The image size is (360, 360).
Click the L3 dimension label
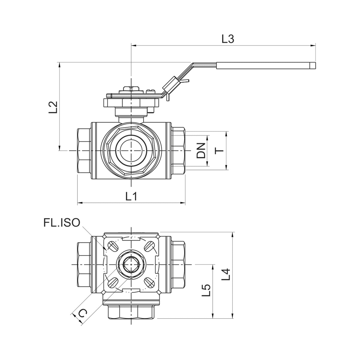click(x=228, y=39)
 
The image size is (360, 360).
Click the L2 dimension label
click(x=53, y=107)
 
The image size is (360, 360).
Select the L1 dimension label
click(x=131, y=196)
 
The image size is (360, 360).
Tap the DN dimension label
click(x=201, y=151)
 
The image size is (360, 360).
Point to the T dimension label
click(x=219, y=151)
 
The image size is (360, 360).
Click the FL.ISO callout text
click(x=62, y=223)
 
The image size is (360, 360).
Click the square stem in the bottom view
click(x=131, y=265)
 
